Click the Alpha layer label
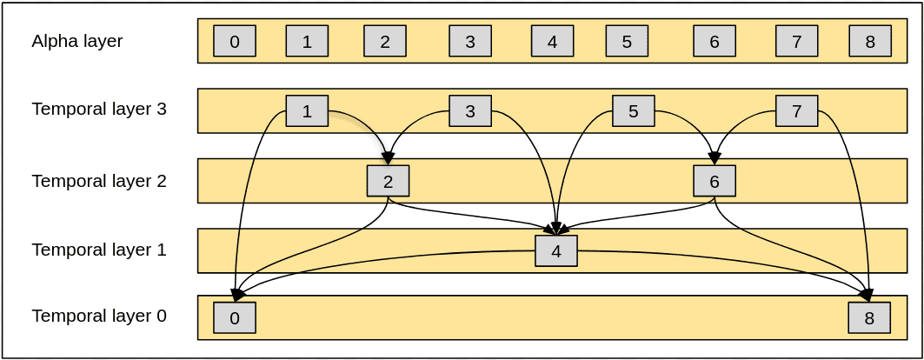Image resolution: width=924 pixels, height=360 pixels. pyautogui.click(x=77, y=41)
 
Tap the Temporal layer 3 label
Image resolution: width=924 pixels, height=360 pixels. pyautogui.click(x=99, y=110)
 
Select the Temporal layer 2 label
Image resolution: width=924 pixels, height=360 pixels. pyautogui.click(x=99, y=181)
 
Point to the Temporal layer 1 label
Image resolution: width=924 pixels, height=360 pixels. pyautogui.click(x=99, y=250)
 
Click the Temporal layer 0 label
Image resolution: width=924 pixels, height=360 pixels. pyautogui.click(x=99, y=316)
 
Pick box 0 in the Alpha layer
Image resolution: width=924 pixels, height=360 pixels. pyautogui.click(x=235, y=41)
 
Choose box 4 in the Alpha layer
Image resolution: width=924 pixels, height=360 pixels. pyautogui.click(x=552, y=41)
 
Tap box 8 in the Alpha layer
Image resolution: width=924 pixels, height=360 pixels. pyautogui.click(x=869, y=41)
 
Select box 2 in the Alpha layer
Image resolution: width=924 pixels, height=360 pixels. pyautogui.click(x=385, y=41)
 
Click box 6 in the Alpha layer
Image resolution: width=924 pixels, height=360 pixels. pyautogui.click(x=715, y=41)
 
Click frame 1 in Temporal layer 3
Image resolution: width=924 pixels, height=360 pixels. pyautogui.click(x=307, y=111)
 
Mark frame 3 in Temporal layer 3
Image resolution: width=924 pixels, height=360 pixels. pyautogui.click(x=470, y=111)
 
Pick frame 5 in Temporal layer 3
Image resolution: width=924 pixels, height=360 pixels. pyautogui.click(x=633, y=111)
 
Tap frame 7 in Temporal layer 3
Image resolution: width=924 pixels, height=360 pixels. pyautogui.click(x=796, y=111)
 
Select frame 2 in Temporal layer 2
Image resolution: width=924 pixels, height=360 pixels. pyautogui.click(x=388, y=181)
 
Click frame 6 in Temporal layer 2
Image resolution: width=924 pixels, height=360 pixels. pyautogui.click(x=715, y=181)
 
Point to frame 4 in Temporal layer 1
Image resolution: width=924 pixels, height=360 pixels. pyautogui.click(x=556, y=251)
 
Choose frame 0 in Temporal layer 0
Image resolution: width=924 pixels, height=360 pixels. pyautogui.click(x=235, y=317)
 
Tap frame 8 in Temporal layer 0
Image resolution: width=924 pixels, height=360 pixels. pyautogui.click(x=869, y=317)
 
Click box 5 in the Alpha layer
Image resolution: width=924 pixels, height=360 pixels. pyautogui.click(x=627, y=41)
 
